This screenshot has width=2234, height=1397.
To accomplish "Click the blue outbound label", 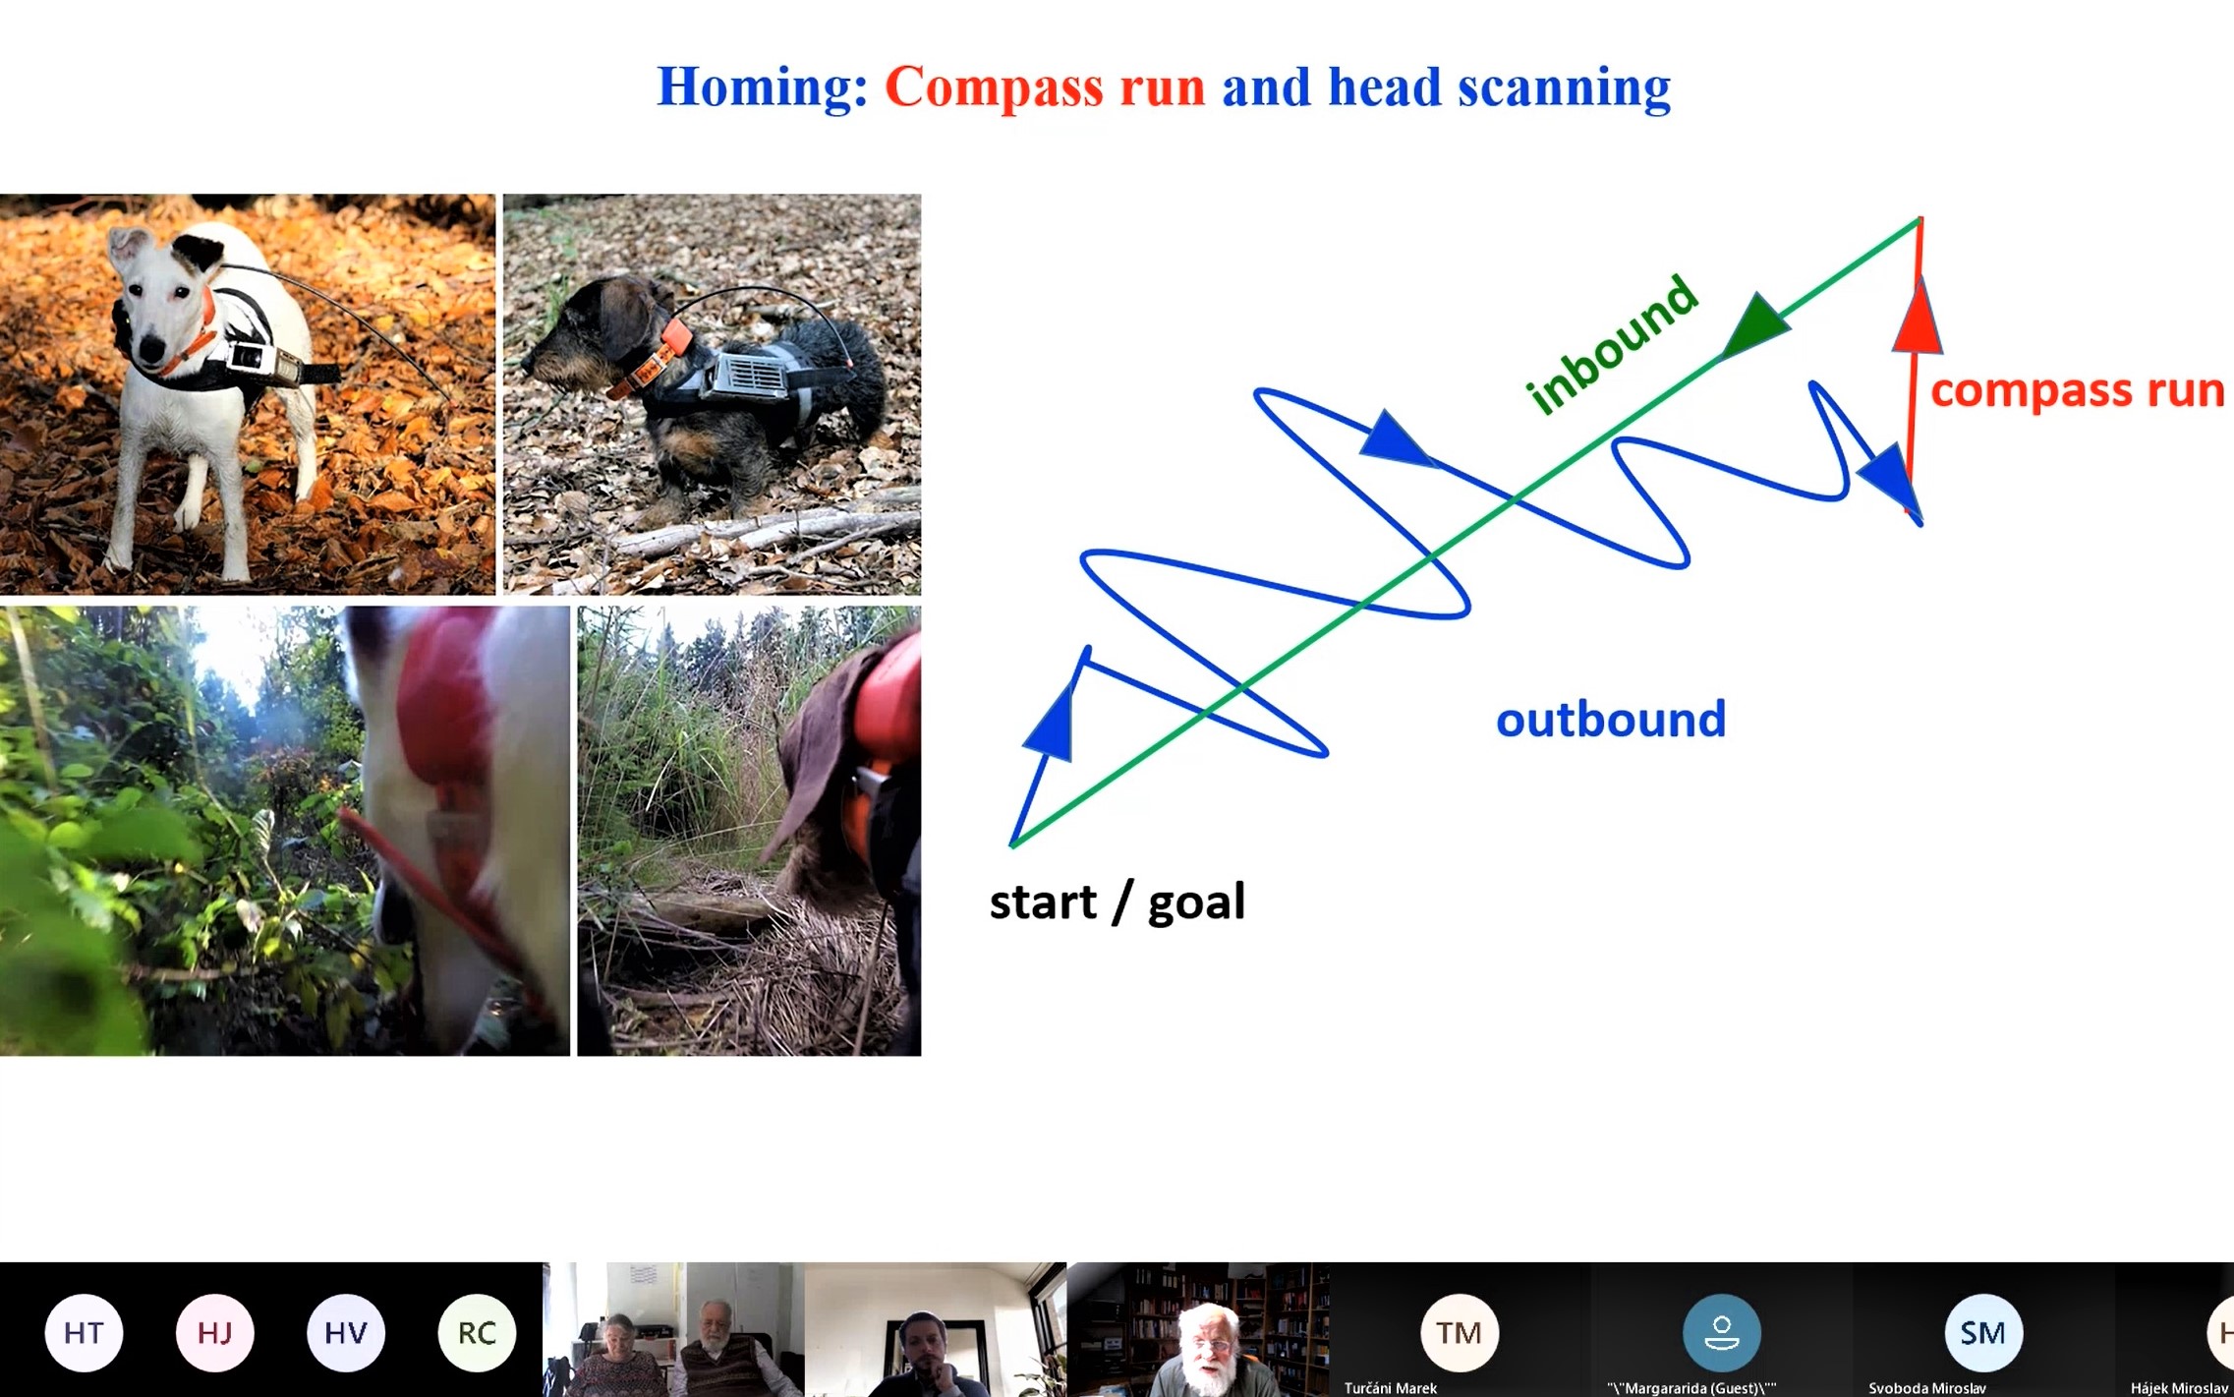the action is pos(1611,720).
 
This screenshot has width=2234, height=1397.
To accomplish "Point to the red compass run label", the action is pos(2077,390).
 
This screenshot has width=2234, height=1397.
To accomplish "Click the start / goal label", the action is pos(1117,902).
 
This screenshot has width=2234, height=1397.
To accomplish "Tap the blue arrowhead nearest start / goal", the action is pos(1050,723).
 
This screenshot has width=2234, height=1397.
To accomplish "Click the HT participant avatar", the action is pos(84,1333).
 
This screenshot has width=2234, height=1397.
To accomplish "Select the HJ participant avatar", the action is pos(214,1333).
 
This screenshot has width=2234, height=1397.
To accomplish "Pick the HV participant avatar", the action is pos(346,1333).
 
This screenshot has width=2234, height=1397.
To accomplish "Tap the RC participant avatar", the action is pos(477,1333).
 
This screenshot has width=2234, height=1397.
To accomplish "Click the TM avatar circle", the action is pos(1460,1333).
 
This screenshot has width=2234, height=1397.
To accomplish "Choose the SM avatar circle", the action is pos(1983,1333).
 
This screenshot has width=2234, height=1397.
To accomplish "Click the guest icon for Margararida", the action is pos(1721,1333).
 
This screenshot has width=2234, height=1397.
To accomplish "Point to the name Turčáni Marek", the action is pos(1390,1388).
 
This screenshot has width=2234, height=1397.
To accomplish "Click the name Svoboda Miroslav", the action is pos(1926,1388).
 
